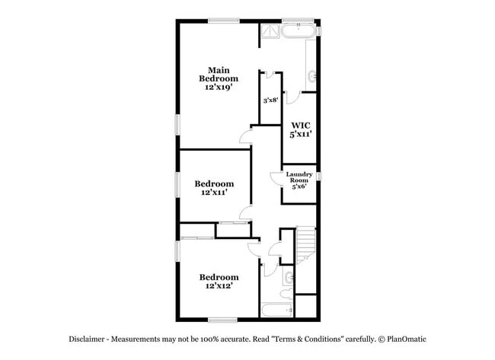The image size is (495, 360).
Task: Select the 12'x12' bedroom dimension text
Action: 219,287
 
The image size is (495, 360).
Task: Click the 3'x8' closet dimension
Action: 270,100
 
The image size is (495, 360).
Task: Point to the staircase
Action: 306,244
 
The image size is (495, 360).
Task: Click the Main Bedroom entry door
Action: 245,135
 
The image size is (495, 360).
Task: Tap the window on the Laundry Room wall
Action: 319,177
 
